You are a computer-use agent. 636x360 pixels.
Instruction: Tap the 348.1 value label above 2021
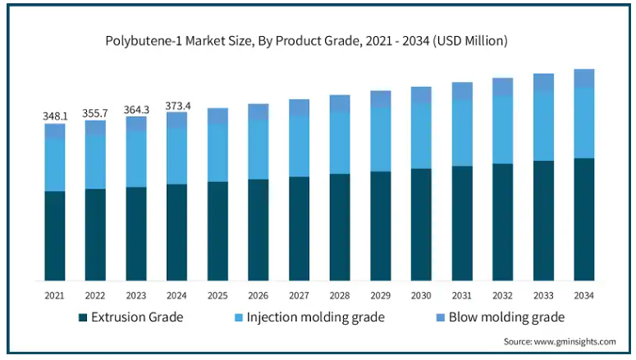click(x=55, y=116)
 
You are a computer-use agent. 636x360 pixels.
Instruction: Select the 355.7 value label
click(x=95, y=113)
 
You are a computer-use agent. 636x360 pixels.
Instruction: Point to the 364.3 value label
click(x=136, y=109)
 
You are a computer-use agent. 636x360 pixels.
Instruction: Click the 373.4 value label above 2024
click(x=177, y=105)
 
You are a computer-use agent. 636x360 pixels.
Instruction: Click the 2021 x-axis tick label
click(x=55, y=294)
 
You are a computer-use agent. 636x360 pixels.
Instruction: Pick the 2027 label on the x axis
click(x=300, y=294)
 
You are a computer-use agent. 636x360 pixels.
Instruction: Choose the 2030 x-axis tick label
click(x=421, y=294)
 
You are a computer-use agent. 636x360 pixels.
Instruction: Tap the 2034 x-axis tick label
click(x=584, y=294)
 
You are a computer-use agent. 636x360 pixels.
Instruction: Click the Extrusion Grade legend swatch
click(x=83, y=317)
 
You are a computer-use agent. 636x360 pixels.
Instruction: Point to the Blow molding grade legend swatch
click(x=440, y=317)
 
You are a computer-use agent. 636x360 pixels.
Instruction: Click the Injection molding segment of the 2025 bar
click(x=217, y=153)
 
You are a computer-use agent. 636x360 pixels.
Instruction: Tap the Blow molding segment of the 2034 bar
click(x=584, y=78)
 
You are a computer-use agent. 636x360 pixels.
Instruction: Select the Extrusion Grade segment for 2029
click(x=381, y=226)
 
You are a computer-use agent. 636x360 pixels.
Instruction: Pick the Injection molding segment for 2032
click(x=503, y=130)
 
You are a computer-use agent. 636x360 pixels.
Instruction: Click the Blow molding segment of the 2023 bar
click(x=136, y=124)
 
